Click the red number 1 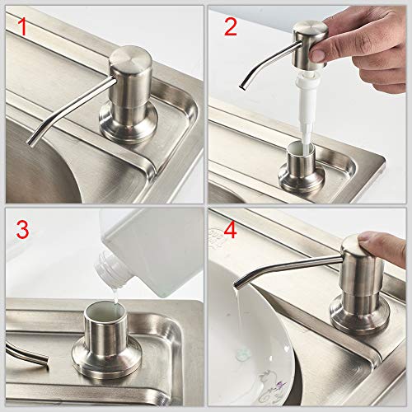click(23, 29)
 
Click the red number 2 click(230, 27)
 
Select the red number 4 click(230, 230)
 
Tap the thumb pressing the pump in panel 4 click(387, 246)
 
